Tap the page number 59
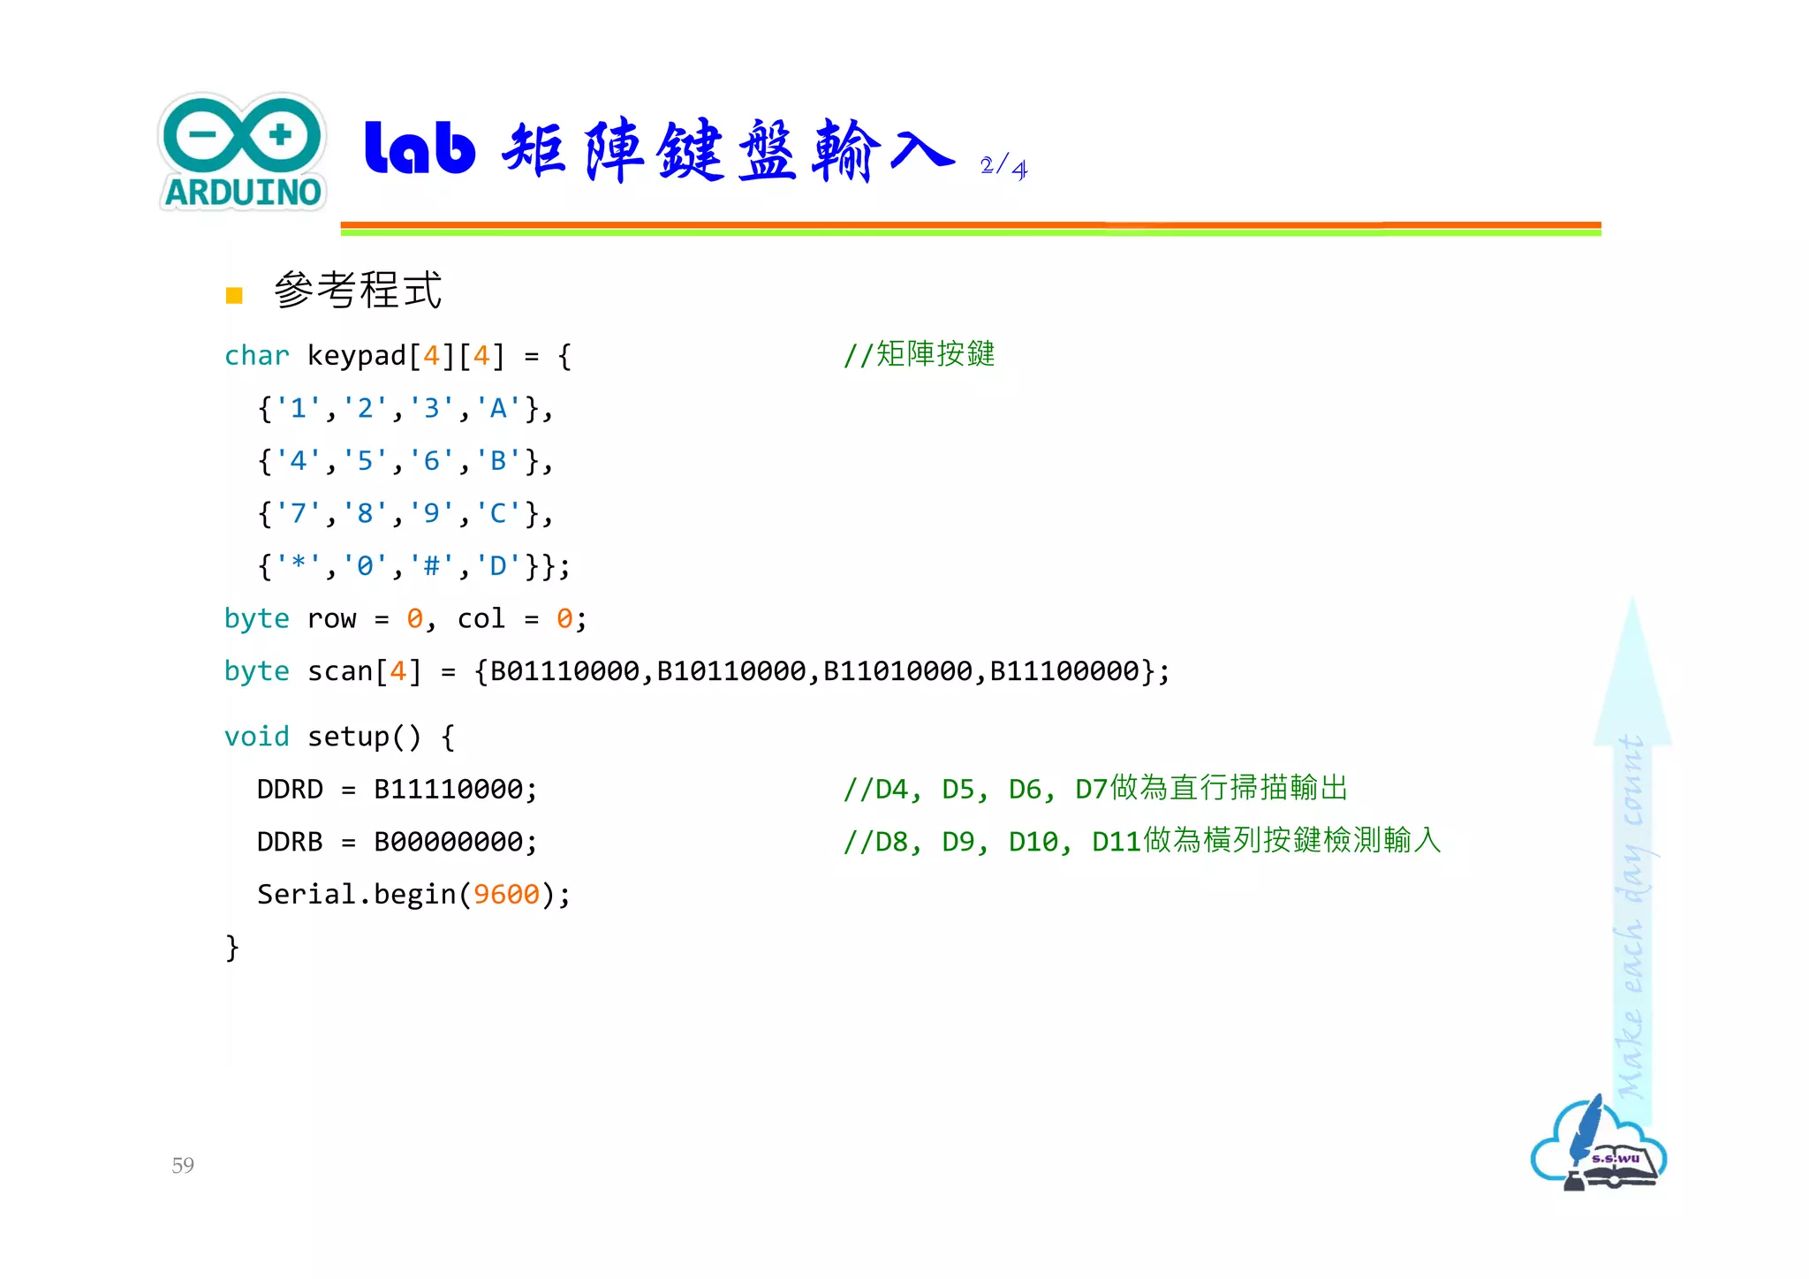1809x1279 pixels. click(183, 1165)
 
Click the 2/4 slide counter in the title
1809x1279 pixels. click(1003, 166)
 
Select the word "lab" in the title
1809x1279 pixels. click(420, 148)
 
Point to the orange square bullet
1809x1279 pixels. click(234, 295)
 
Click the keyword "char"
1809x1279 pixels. click(256, 356)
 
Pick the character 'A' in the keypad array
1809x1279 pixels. click(498, 408)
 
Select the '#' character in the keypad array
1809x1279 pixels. click(431, 565)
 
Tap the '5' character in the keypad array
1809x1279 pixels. click(365, 461)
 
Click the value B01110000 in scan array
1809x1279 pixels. click(564, 671)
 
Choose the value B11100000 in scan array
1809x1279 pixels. click(1063, 671)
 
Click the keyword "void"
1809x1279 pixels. click(256, 737)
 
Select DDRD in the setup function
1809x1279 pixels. click(290, 789)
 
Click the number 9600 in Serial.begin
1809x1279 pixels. click(506, 895)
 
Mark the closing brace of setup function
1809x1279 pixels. click(232, 948)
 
